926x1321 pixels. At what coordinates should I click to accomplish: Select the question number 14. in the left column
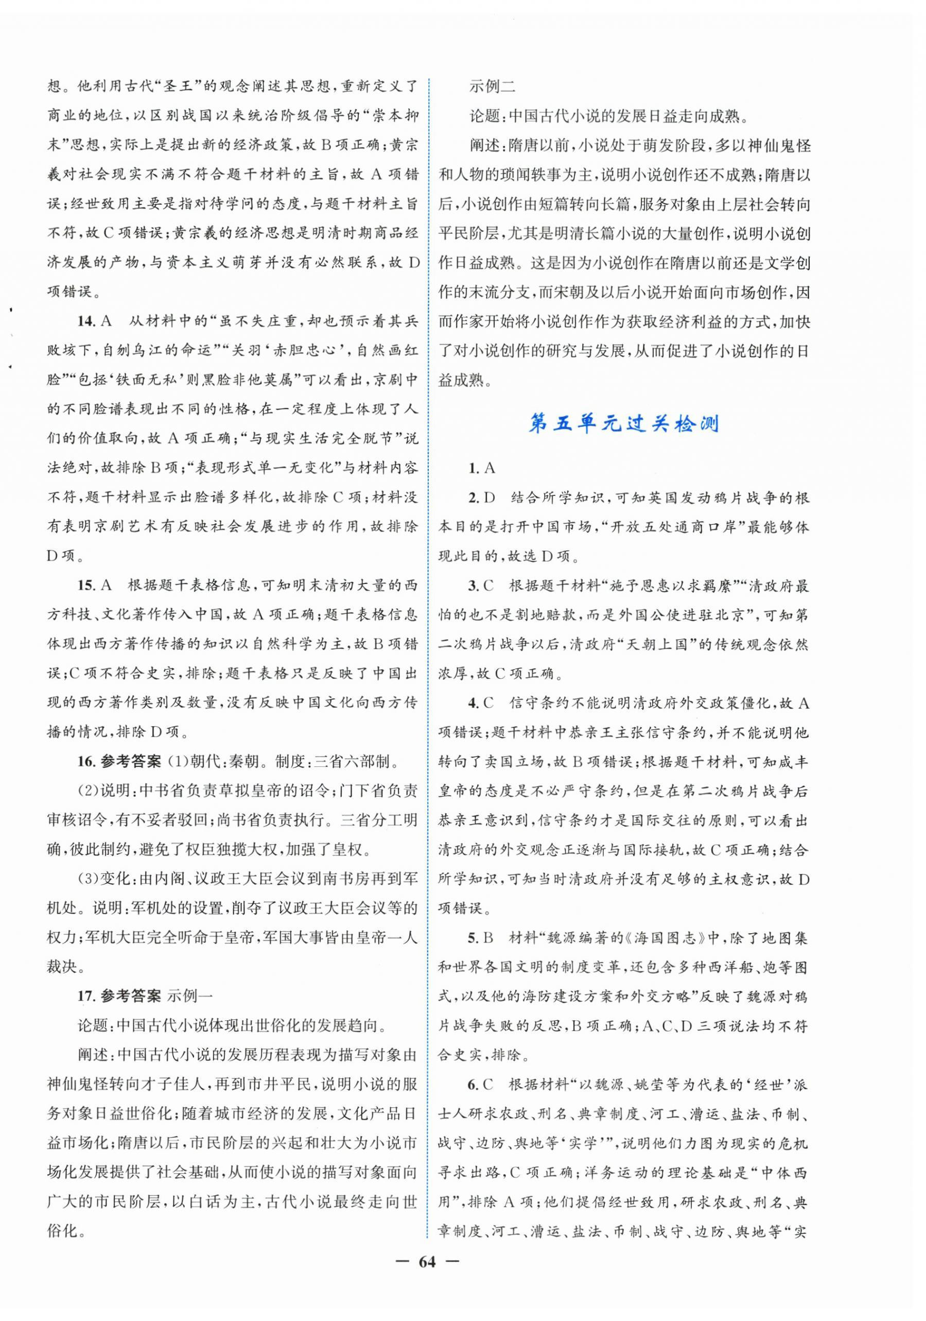[87, 321]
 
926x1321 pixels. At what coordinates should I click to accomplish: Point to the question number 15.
[87, 585]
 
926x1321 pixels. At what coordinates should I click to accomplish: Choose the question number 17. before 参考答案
[87, 996]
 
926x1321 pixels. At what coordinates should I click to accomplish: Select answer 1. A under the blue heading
[481, 468]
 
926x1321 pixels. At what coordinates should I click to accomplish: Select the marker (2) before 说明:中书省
[89, 791]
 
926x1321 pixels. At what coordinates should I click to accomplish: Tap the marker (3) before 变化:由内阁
[89, 879]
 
